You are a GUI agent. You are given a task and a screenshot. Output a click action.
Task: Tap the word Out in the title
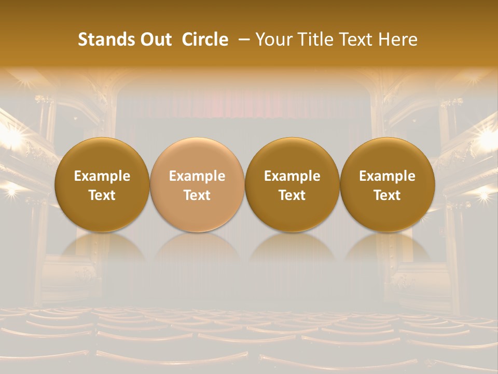[155, 39]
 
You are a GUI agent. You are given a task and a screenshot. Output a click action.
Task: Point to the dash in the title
[242, 39]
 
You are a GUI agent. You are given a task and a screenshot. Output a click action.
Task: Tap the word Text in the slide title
[357, 39]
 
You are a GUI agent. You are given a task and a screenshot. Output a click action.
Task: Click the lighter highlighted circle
[197, 184]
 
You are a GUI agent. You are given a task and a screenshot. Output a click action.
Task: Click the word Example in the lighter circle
[197, 176]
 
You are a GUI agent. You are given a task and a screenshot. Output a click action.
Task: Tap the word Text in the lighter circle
[197, 195]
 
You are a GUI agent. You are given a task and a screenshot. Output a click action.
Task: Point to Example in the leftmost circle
[102, 176]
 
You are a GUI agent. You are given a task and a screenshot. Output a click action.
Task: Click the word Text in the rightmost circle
[387, 195]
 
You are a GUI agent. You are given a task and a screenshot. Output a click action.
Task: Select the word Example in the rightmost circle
[387, 176]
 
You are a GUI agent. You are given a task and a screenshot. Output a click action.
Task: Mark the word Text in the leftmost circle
[102, 195]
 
